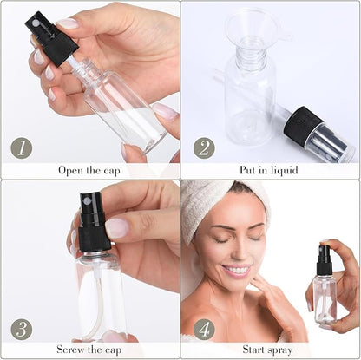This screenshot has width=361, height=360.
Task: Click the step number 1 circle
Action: point(23,147)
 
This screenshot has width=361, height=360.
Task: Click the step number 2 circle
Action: point(203,147)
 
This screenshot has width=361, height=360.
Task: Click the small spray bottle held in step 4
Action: point(325,291)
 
